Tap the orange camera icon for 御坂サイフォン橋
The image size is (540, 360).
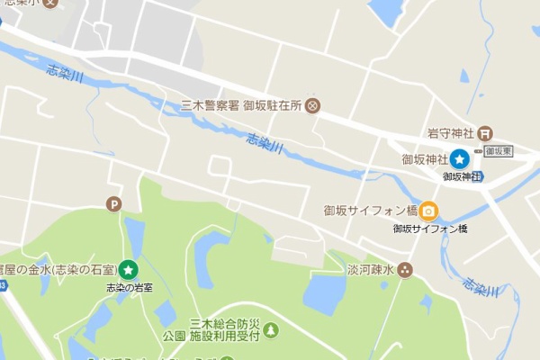pos(429,211)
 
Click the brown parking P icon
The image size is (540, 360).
pos(112,204)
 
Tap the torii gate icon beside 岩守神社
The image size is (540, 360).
pos(484,132)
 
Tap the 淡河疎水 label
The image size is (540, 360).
pos(371,269)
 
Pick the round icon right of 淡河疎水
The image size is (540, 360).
pos(405,269)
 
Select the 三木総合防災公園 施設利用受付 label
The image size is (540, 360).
pos(217,329)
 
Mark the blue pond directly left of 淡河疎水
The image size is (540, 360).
pos(325,292)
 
